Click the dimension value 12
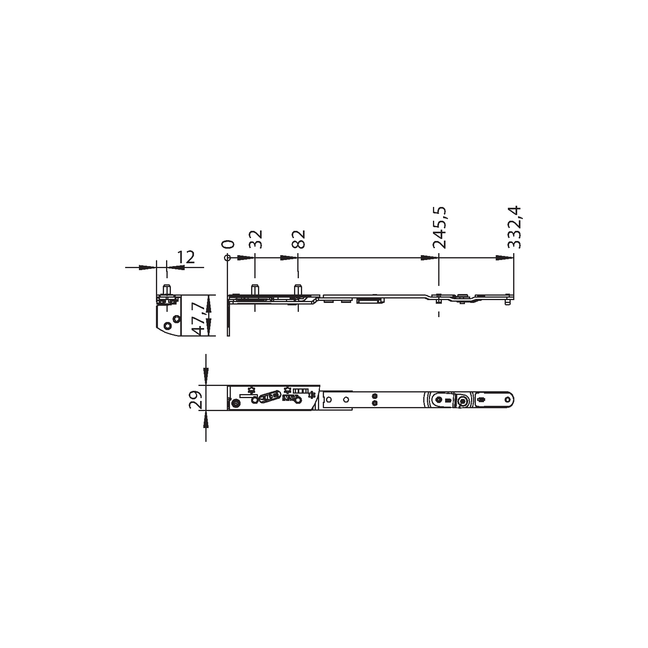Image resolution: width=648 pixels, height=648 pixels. (x=186, y=257)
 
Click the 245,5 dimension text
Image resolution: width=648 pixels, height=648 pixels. (x=439, y=227)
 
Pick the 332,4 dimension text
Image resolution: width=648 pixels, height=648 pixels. (x=514, y=227)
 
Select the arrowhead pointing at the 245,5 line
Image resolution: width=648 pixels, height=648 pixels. (x=428, y=258)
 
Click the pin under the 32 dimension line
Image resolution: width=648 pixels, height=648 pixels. (x=255, y=290)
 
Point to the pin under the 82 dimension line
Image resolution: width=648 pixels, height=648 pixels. (x=298, y=290)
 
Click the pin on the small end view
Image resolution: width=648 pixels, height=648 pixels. (x=166, y=290)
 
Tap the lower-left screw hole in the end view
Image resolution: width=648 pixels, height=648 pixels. (x=167, y=325)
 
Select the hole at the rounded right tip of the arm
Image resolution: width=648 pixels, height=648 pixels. (x=508, y=399)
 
